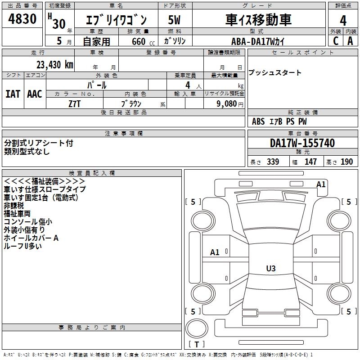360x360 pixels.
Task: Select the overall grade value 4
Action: (343, 20)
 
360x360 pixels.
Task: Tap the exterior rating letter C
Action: (335, 40)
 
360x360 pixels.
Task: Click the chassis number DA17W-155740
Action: (302, 144)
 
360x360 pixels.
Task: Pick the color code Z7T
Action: (75, 103)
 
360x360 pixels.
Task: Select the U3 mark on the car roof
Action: (270, 269)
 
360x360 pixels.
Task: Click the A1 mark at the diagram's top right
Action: (320, 184)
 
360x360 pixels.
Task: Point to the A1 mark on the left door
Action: (215, 252)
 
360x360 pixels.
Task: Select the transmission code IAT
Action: (13, 94)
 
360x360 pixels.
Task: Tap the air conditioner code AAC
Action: (34, 94)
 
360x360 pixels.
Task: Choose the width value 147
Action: (310, 162)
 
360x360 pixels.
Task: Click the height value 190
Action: (346, 162)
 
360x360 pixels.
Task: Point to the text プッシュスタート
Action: (275, 73)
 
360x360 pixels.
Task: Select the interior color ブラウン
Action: (131, 103)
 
